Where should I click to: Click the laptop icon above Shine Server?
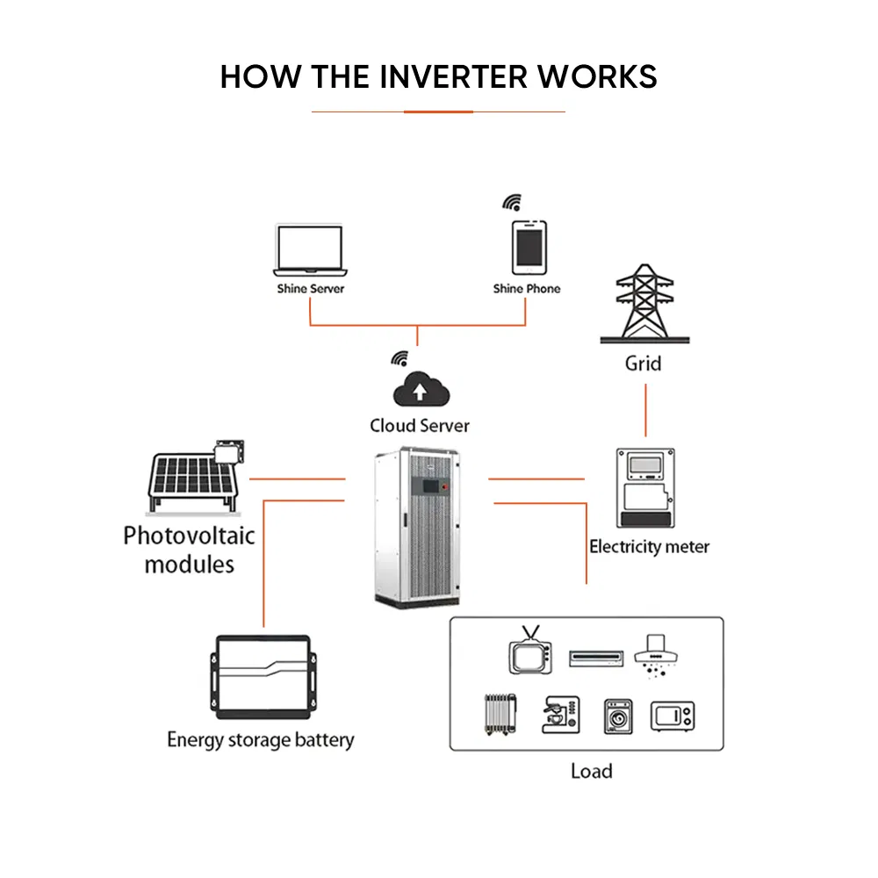309,250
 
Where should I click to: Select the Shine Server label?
311,289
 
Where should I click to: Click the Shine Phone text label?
526,289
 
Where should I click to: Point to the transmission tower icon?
644,303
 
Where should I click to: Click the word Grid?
643,363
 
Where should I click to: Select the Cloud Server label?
420,426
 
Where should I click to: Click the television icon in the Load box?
529,652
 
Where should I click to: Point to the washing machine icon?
618,716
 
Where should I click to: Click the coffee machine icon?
560,714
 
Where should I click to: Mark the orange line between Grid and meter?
646,409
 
